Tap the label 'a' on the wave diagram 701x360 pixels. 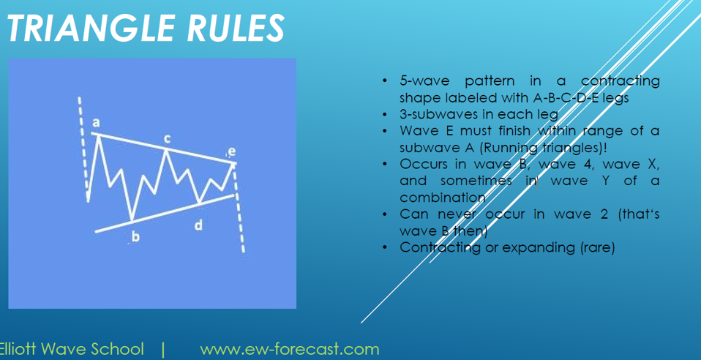coord(95,122)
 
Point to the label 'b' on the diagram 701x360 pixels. coord(135,236)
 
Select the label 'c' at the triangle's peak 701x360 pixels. coord(167,139)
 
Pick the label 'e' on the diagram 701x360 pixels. coord(231,152)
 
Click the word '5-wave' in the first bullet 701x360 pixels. coord(424,81)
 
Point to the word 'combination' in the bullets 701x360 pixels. coord(443,198)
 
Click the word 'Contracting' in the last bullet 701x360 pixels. coord(441,247)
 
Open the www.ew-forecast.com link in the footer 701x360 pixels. coord(289,349)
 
